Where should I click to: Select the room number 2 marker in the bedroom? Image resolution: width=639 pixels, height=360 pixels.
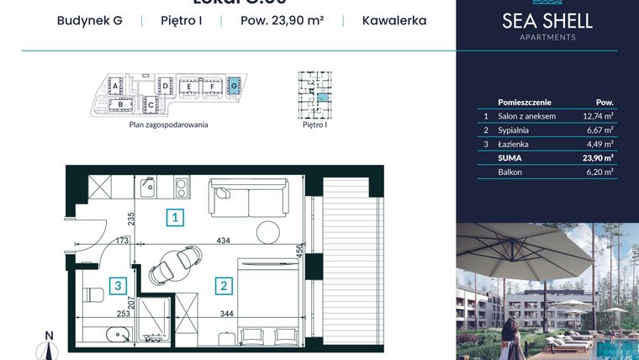(223, 285)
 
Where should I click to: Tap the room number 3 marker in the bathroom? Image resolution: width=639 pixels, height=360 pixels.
(120, 285)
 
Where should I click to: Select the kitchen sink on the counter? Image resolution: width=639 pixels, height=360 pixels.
(145, 185)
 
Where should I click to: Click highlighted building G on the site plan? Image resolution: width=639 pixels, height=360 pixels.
(235, 85)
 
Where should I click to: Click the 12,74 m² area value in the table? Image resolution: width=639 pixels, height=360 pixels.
(598, 116)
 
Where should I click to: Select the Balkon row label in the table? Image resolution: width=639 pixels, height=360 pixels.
(510, 172)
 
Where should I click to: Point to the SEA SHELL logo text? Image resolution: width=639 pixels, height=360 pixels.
(547, 21)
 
